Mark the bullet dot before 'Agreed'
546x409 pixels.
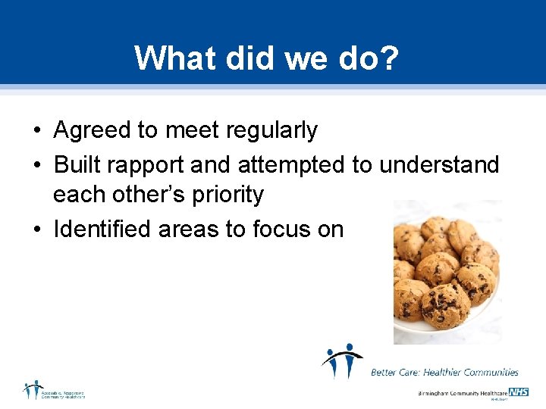(36, 132)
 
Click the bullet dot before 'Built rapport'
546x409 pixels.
(36, 164)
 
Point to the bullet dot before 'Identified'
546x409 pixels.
(36, 229)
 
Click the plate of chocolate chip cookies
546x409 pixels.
(447, 272)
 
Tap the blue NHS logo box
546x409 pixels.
(519, 392)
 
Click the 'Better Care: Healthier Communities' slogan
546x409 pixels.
(444, 372)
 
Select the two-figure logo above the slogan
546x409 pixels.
(341, 361)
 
